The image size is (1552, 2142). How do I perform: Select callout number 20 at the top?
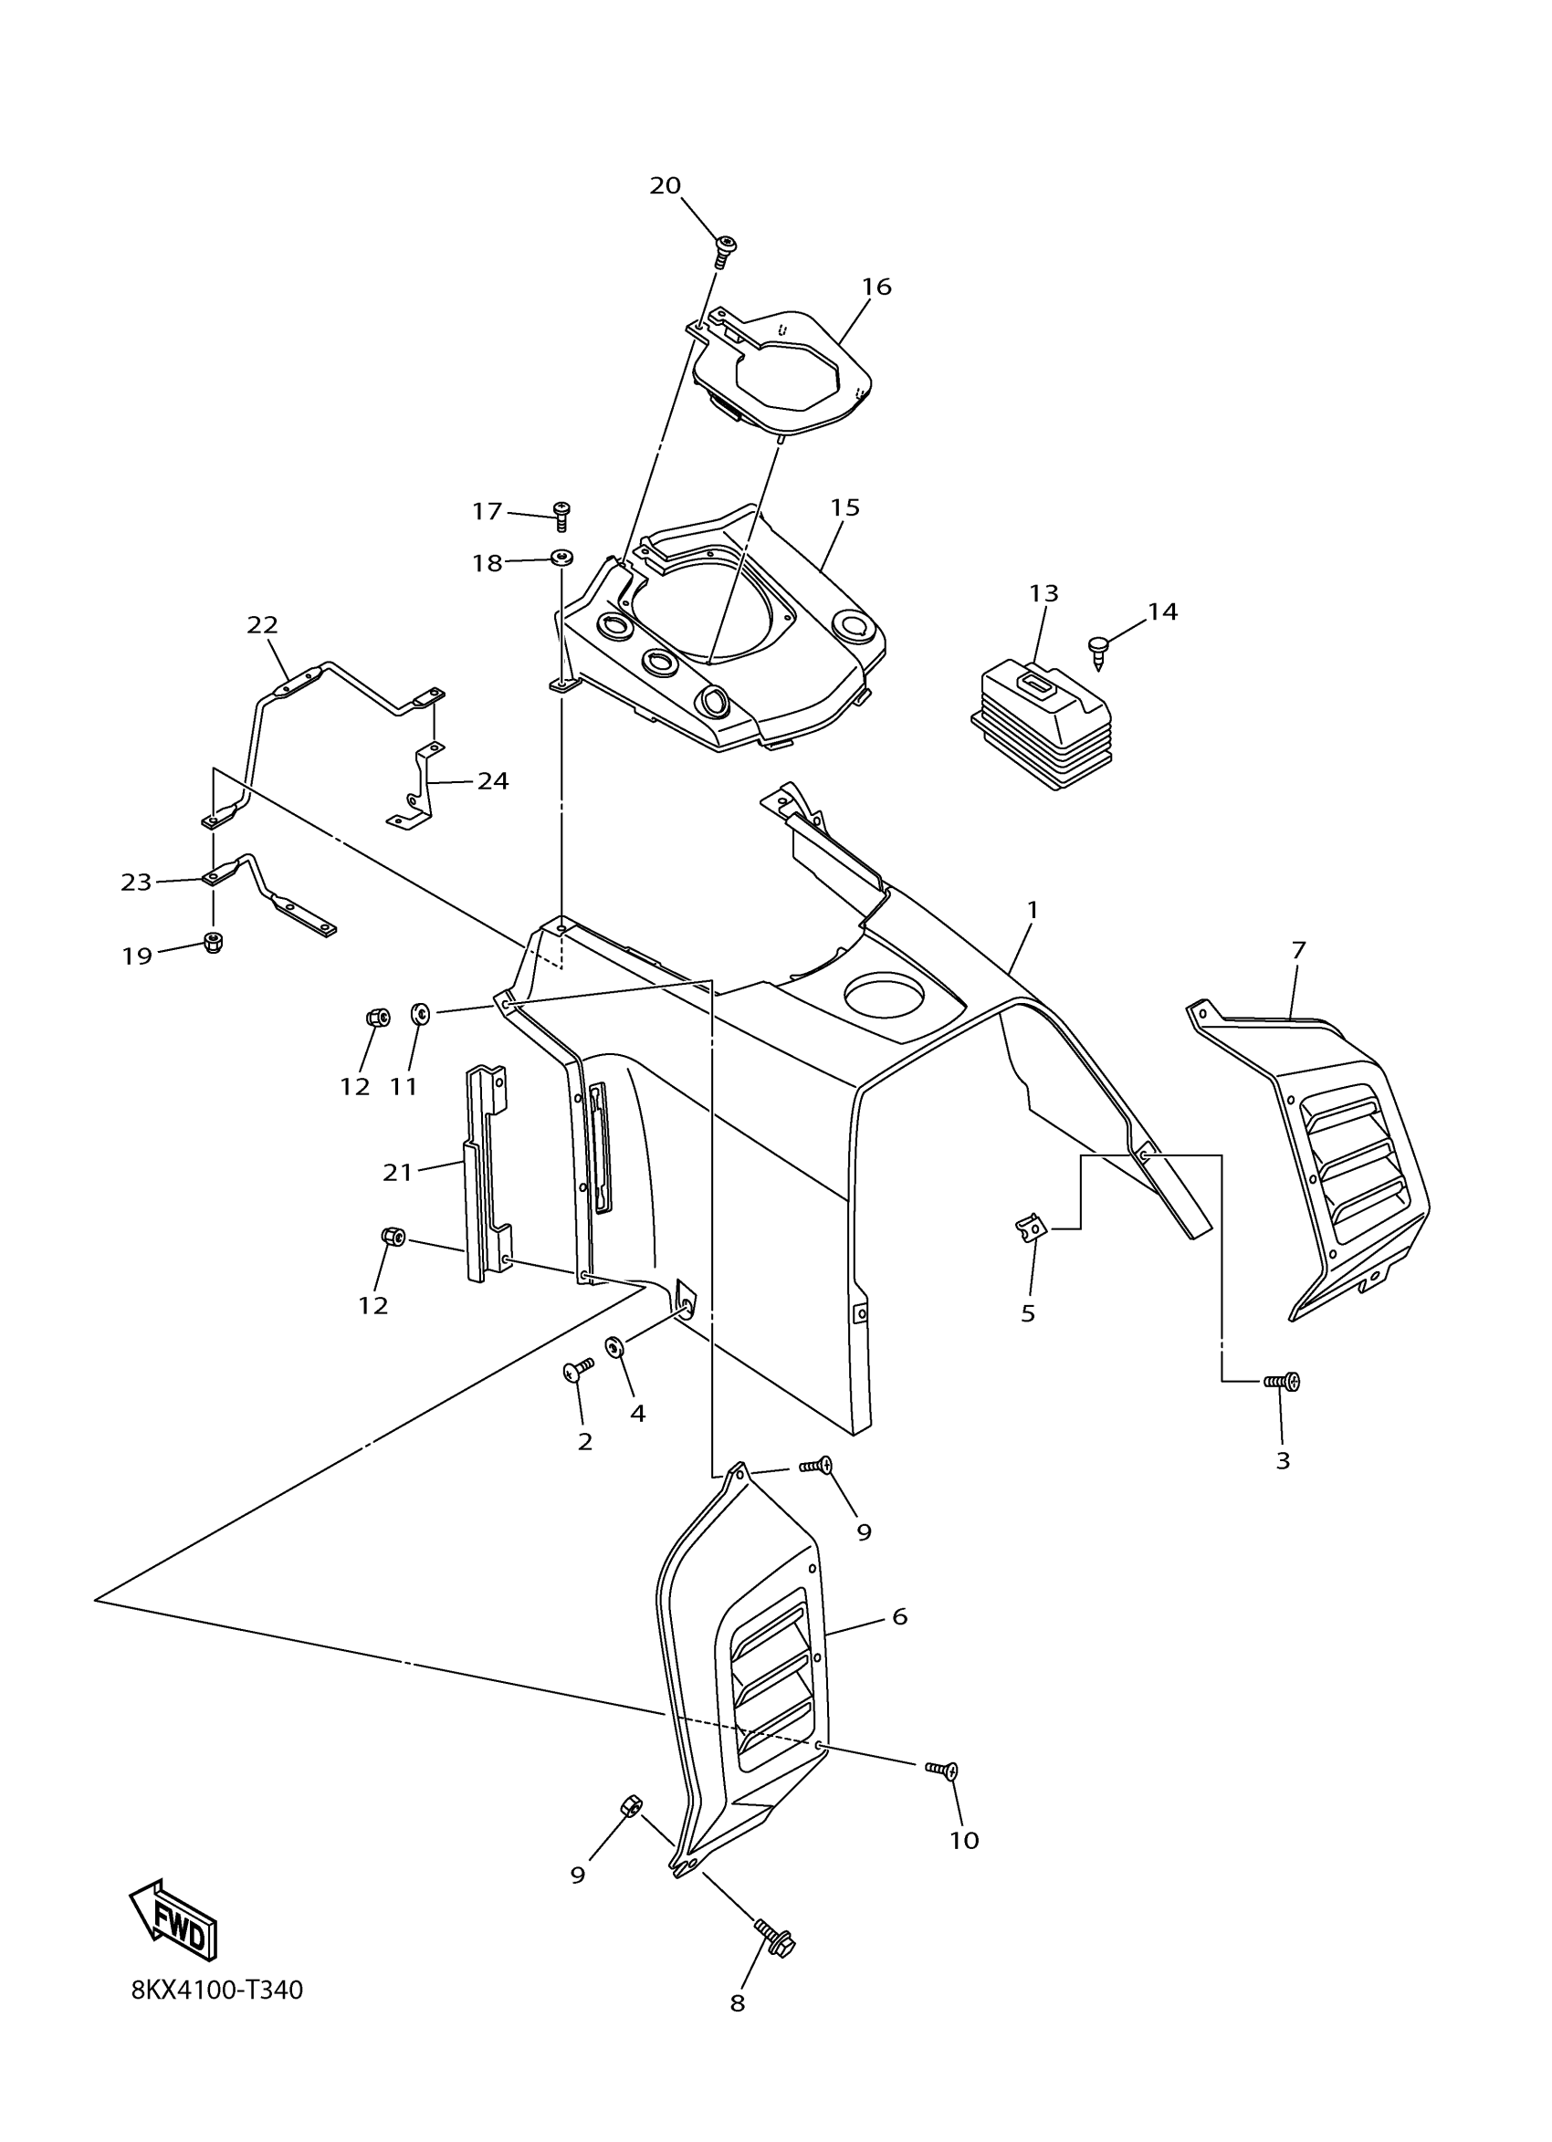(x=665, y=186)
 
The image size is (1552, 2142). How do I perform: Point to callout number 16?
(x=876, y=287)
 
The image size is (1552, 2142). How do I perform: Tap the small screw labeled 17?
(x=563, y=514)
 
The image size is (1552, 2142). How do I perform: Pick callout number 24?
(x=492, y=781)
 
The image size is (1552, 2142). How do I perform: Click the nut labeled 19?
(x=214, y=943)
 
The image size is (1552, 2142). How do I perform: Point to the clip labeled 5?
(x=1031, y=1228)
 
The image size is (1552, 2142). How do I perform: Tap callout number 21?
(x=398, y=1172)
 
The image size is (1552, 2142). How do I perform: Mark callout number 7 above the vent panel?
(x=1298, y=950)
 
